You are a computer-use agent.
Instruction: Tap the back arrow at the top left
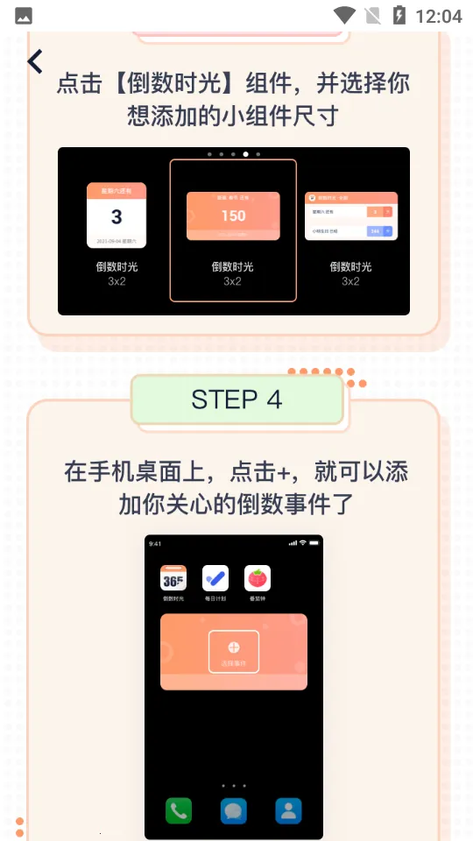coord(35,61)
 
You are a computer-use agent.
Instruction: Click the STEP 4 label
coord(236,399)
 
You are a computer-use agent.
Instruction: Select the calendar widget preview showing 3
coord(116,216)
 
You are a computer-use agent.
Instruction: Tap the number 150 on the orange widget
coord(233,216)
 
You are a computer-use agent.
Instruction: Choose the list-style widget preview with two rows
coord(350,216)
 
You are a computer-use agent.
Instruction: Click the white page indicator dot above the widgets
coord(245,154)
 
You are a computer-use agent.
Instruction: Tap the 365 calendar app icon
coord(173,578)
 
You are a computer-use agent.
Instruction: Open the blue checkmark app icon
coord(215,578)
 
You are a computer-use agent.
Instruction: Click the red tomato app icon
coord(258,578)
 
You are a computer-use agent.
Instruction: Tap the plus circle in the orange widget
coord(233,647)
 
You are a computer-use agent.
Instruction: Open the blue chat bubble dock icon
coord(234,810)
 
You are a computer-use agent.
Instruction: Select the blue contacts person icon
coord(288,810)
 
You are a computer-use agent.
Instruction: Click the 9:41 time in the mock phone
coord(155,544)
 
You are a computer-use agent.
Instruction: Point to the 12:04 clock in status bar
coord(439,16)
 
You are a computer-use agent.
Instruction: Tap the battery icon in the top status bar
coord(399,16)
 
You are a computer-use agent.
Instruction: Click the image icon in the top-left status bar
coord(24,16)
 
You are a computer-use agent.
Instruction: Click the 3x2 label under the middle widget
coord(232,281)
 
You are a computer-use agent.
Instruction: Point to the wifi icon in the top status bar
coord(344,16)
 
